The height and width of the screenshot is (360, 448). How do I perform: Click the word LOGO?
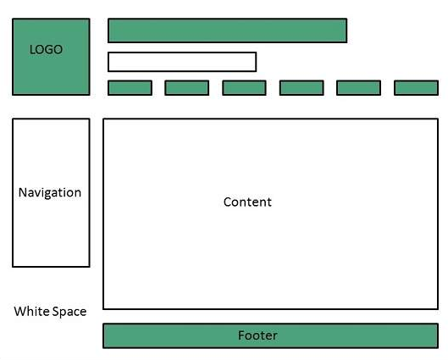click(x=46, y=49)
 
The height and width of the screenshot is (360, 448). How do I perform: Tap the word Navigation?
click(x=50, y=193)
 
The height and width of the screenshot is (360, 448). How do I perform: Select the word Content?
click(x=247, y=202)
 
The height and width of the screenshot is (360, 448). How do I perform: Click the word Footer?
click(x=257, y=335)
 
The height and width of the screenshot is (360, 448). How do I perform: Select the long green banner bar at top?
click(x=228, y=30)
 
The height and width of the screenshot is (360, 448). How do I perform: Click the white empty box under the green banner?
click(x=182, y=62)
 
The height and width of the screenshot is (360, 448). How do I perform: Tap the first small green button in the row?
click(x=130, y=88)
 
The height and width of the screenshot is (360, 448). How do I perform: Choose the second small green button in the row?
click(x=187, y=88)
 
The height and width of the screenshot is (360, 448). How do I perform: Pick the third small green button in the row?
click(x=244, y=88)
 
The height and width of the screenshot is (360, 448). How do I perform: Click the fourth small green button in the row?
click(x=301, y=88)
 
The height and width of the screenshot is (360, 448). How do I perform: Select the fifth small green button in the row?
click(x=358, y=88)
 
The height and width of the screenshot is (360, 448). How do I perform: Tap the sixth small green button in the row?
click(x=417, y=88)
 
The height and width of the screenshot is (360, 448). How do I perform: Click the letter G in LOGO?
click(x=48, y=49)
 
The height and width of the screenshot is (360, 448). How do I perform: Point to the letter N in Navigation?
click(x=23, y=192)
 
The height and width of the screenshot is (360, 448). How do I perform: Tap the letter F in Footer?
click(x=241, y=335)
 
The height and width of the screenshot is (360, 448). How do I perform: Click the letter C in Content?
click(x=228, y=202)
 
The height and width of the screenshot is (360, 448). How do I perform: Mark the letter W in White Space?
click(x=20, y=311)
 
